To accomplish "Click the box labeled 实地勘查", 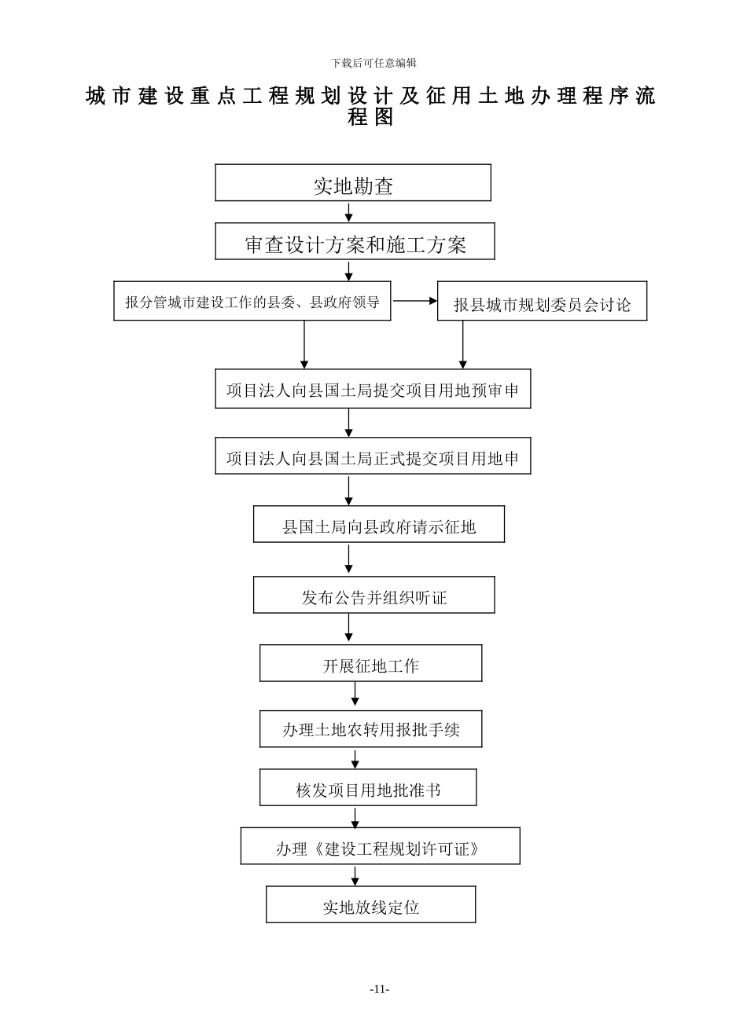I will pos(353,183).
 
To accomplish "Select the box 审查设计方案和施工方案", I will pos(355,242).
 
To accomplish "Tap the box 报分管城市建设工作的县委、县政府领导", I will pos(252,301).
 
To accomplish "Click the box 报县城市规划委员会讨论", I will pos(542,302).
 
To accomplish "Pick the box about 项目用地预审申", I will pos(373,389).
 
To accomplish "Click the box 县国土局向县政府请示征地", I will pos(378,524).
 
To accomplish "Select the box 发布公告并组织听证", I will pos(373,595).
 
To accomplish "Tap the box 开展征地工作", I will pos(370,663).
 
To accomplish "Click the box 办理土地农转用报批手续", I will pos(370,729).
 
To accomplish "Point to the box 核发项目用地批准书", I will pos(368,787).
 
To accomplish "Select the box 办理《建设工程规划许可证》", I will pos(380,846).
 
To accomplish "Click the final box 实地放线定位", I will pos(370,904).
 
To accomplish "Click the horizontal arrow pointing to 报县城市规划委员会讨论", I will pos(414,301).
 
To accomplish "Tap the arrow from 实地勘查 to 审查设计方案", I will pos(349,212).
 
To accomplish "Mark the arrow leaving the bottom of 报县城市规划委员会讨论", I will pos(463,345).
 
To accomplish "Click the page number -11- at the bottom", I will pos(380,989).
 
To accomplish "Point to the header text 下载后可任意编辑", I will pos(373,63).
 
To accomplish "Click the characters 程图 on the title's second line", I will pos(370,118).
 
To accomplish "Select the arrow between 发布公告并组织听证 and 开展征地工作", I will pos(349,629).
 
